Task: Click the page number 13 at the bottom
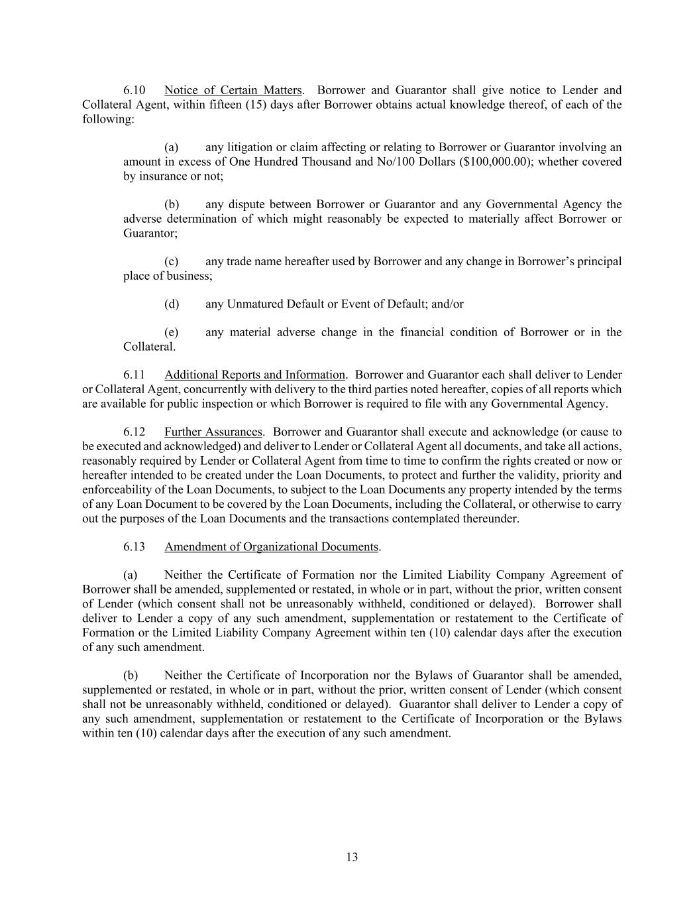click(x=352, y=857)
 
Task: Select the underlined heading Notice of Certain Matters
click(x=233, y=90)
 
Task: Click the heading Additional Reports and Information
click(x=255, y=375)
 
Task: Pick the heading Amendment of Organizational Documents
click(x=272, y=547)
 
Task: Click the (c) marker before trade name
click(x=171, y=261)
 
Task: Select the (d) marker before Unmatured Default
click(x=172, y=304)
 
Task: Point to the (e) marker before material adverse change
click(x=171, y=332)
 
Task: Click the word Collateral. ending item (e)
click(x=150, y=347)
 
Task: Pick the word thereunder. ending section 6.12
click(x=490, y=518)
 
